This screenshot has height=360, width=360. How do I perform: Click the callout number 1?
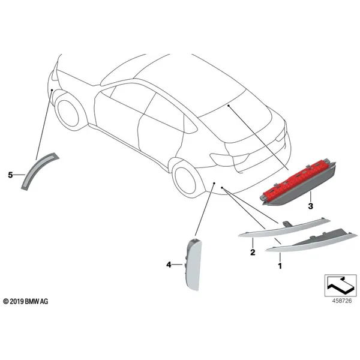point(280,266)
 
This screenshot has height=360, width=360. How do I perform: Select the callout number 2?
point(253,253)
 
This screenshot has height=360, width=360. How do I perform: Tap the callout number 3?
point(310,206)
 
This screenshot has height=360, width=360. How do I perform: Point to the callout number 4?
point(169,265)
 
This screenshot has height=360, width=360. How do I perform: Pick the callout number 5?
point(10,175)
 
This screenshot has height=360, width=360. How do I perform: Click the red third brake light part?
point(298,182)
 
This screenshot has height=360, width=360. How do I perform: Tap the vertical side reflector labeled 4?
point(193,264)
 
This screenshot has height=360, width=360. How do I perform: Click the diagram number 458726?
point(342,301)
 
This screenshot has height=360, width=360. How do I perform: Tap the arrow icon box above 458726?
point(340,286)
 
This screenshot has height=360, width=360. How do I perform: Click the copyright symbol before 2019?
point(6,301)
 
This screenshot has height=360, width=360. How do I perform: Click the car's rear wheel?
point(185,181)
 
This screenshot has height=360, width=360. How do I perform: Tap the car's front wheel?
point(68,113)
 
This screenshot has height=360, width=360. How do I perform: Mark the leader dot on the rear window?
point(229,106)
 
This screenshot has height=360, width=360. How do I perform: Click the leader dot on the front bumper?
point(52,90)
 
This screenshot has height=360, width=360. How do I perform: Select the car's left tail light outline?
point(230,158)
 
